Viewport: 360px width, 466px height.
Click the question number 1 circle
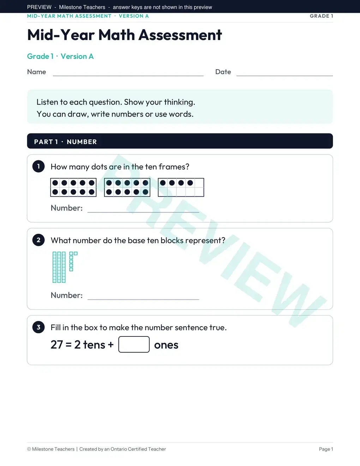coord(38,166)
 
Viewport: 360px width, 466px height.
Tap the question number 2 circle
coord(38,240)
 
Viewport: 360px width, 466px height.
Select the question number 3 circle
coord(38,327)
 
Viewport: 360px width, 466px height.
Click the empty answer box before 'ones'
coord(134,344)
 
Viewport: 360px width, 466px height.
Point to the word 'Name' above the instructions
coord(36,72)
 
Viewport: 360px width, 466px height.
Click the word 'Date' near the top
coord(223,72)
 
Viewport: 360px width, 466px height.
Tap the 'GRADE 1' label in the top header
coord(321,16)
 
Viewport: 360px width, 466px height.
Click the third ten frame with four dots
coord(181,187)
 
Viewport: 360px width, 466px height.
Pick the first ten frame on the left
coord(73,187)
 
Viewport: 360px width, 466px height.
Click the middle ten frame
coord(127,187)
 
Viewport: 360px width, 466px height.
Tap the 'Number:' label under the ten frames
coord(67,208)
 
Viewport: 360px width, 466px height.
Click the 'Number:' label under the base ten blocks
coord(67,295)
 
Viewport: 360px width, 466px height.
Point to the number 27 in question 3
coord(57,345)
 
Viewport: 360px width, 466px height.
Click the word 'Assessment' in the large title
coord(180,35)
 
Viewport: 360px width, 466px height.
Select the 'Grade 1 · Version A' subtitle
coord(60,56)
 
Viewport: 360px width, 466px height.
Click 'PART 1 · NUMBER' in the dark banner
coord(65,142)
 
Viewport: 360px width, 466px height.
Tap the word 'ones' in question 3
coord(166,345)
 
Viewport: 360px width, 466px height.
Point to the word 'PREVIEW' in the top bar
coord(39,7)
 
